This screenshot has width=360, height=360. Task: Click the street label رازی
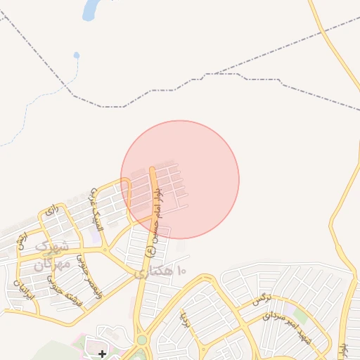(50, 210)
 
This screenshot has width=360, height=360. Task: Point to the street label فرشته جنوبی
(61, 289)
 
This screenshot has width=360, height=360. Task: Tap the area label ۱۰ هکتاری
(160, 271)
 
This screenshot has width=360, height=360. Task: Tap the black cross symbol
(103, 353)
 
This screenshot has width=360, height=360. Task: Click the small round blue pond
(76, 55)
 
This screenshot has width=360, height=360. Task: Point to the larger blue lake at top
(91, 9)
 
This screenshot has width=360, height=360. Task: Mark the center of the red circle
(180, 179)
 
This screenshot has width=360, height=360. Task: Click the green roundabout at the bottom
(142, 340)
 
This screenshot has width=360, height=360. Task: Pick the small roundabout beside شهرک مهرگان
(105, 250)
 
